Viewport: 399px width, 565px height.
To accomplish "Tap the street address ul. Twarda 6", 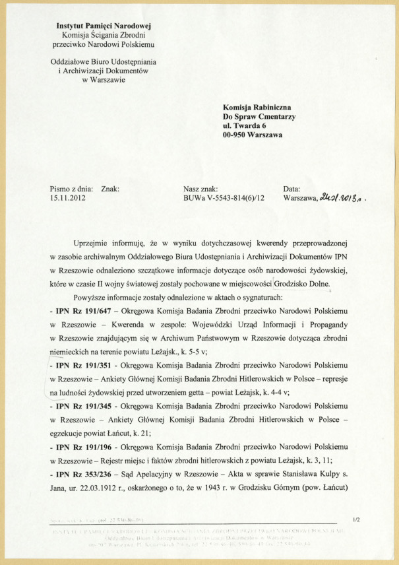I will [x=245, y=125].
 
